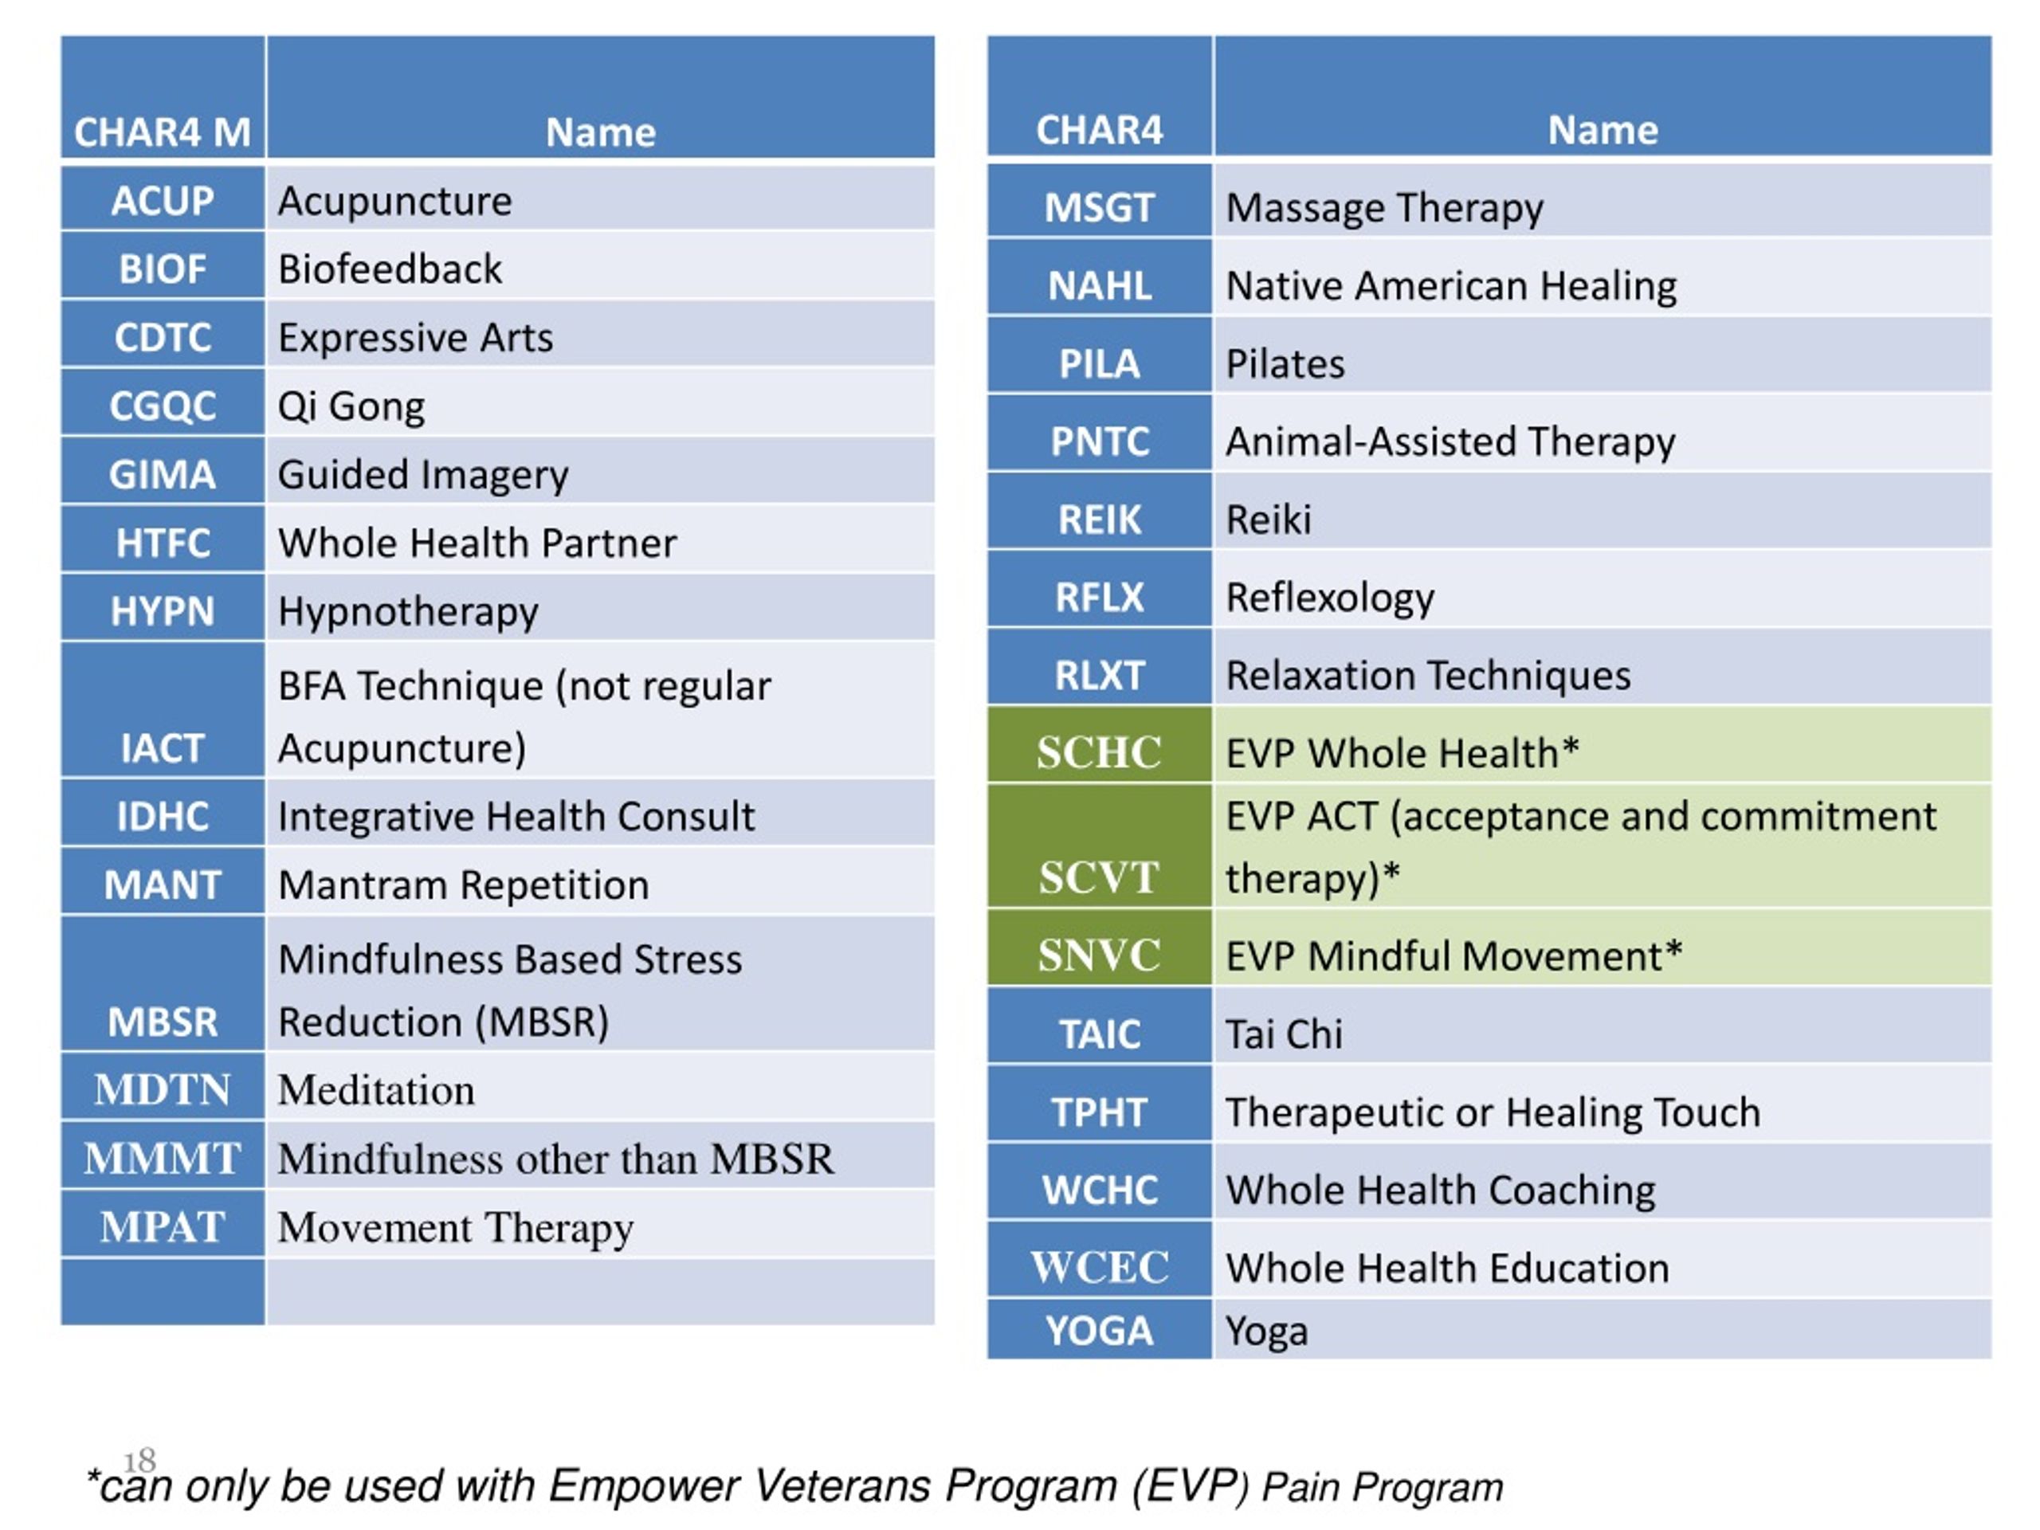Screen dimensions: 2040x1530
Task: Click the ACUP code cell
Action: [163, 198]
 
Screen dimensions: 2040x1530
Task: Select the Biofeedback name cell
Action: [600, 266]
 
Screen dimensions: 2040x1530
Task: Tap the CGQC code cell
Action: [163, 403]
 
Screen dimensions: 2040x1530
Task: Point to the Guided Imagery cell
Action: [600, 471]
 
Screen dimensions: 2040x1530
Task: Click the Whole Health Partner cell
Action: [600, 539]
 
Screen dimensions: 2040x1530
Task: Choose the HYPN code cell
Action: [163, 608]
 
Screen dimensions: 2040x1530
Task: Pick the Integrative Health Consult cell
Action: [600, 814]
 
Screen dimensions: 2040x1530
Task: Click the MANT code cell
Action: [163, 881]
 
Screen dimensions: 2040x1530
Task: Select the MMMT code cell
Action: [163, 1155]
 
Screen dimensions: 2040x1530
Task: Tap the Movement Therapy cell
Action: [600, 1224]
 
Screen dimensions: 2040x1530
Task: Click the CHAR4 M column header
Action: [163, 97]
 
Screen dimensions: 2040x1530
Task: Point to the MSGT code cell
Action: [1100, 201]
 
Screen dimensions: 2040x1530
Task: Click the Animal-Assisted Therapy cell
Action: [1603, 434]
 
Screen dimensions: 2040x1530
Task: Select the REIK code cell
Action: [1100, 512]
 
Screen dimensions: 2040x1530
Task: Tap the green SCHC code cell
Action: [1100, 745]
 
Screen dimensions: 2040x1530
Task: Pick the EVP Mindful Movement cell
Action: [1603, 948]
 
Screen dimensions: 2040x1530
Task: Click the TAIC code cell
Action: [1100, 1026]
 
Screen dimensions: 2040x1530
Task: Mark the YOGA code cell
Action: [1100, 1330]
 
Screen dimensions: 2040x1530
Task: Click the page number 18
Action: [139, 1461]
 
